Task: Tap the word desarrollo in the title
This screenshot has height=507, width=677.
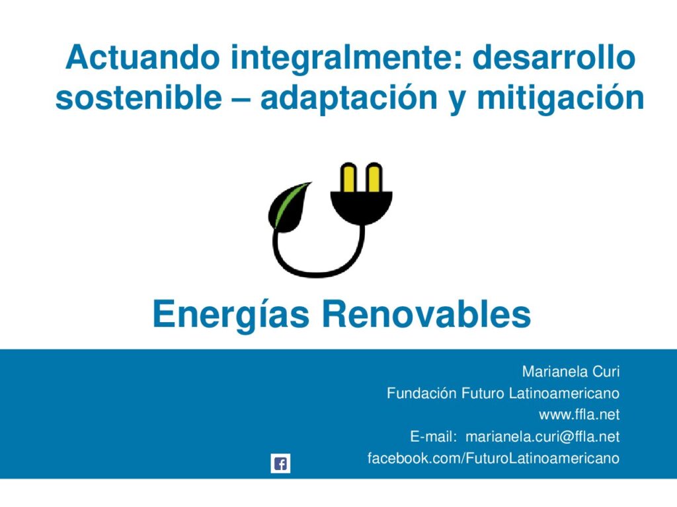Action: coord(554,57)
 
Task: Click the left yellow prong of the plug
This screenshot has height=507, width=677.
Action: coord(348,177)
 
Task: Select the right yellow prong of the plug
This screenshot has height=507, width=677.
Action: coord(374,177)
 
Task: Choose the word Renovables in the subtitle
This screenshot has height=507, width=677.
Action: coord(426,314)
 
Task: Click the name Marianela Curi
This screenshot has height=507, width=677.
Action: coord(571,371)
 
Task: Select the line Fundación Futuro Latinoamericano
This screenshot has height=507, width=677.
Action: coord(503,393)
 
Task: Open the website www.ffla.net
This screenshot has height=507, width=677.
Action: coord(579,415)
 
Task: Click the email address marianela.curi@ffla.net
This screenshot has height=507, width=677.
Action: coord(543,437)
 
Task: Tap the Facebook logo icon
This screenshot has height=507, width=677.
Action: coord(280,463)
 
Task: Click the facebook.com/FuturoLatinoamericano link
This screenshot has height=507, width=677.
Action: coord(493,458)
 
